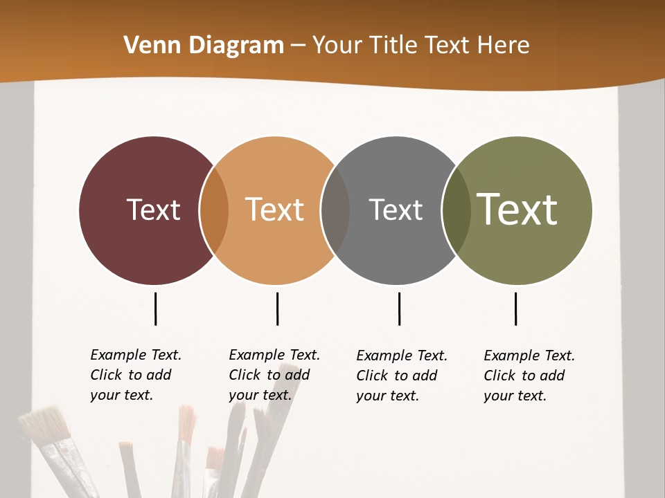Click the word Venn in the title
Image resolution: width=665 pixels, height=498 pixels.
[x=146, y=46]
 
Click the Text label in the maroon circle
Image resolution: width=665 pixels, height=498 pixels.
[x=153, y=210]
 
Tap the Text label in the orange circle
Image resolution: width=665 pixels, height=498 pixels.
[x=274, y=210]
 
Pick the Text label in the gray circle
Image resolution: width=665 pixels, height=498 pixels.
[x=396, y=210]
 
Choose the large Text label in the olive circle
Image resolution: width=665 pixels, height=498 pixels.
[x=517, y=209]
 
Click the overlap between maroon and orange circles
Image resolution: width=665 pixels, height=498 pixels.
[x=214, y=210]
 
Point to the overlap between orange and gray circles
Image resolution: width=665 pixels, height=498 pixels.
[x=335, y=210]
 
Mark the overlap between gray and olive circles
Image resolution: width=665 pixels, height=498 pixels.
[x=456, y=210]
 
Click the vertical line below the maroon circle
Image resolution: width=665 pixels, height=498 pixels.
[x=156, y=308]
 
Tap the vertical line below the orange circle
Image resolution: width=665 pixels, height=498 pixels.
[x=277, y=308]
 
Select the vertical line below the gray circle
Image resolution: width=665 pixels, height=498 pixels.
[x=399, y=308]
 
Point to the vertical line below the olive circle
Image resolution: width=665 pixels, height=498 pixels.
[x=515, y=308]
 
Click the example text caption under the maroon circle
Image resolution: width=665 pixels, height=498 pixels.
[x=135, y=375]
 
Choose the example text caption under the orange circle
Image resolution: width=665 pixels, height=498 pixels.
[x=274, y=375]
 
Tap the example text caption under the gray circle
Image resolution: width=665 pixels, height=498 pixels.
[x=401, y=376]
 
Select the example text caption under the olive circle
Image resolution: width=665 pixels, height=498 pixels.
[x=529, y=376]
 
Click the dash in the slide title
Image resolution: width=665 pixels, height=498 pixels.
[x=298, y=46]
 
